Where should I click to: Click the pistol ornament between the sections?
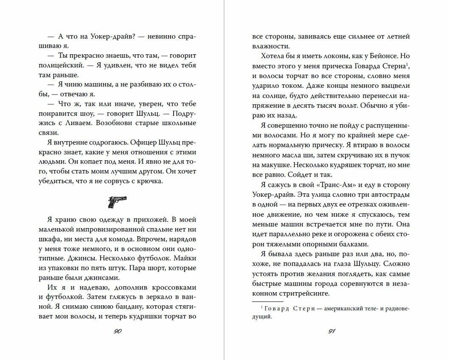pos(117,202)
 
